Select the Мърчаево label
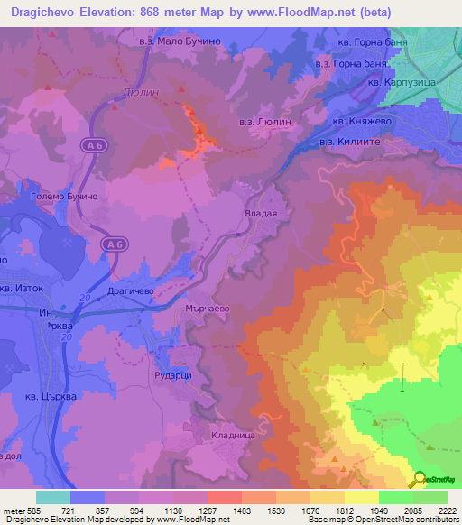(208, 308)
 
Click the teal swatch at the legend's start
(52, 497)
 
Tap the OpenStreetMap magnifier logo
(420, 480)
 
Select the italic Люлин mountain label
(134, 92)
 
